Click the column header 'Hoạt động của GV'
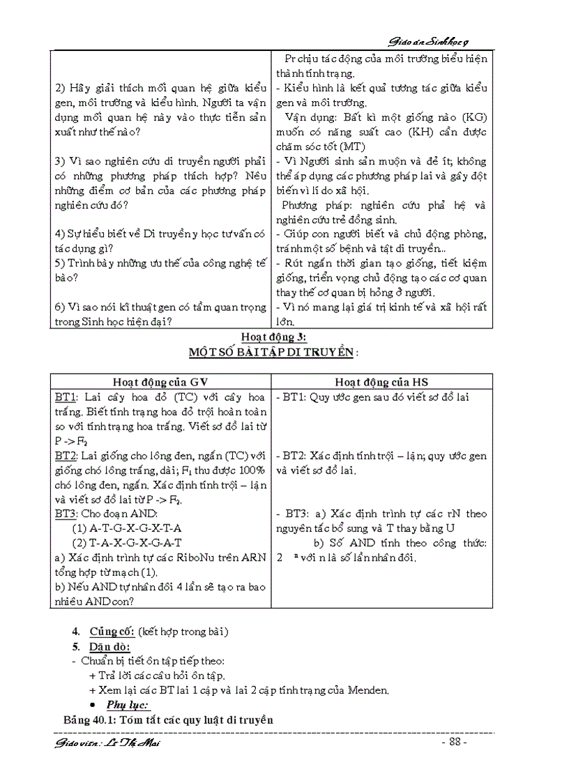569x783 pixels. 160,381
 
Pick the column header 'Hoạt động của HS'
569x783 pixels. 383,381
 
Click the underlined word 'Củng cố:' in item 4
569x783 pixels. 112,632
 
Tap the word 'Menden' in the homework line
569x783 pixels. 369,690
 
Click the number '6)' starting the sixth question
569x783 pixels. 60,307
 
